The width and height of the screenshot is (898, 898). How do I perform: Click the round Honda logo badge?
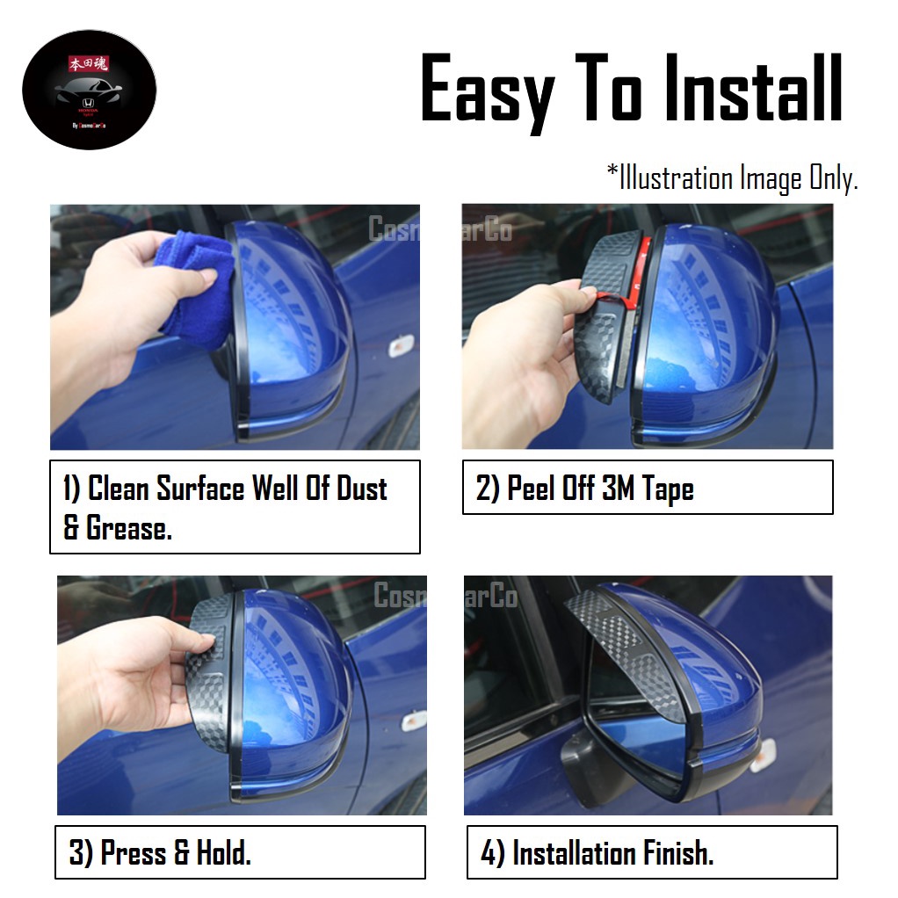[x=89, y=89]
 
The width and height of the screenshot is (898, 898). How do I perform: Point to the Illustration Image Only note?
[x=732, y=178]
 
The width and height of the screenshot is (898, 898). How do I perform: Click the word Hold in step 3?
[x=214, y=852]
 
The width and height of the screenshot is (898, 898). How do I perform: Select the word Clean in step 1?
[x=119, y=489]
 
